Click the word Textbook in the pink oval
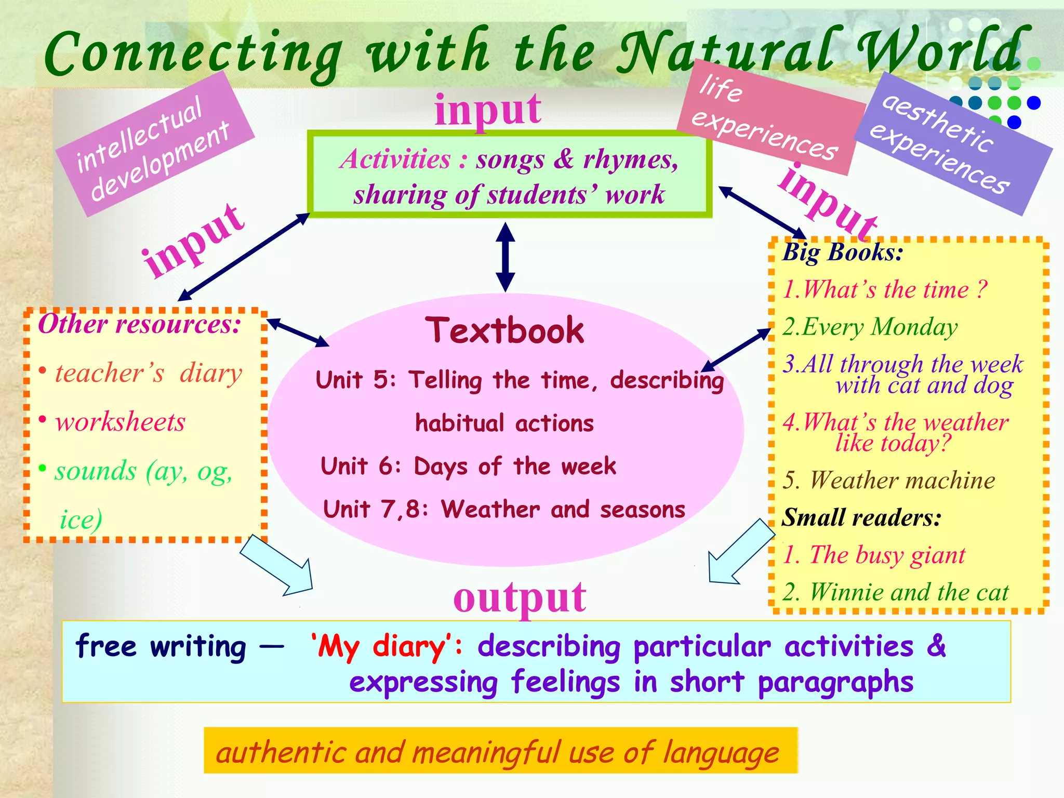504,330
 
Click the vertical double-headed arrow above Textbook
505,257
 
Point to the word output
520,597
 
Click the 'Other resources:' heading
139,325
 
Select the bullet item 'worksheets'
120,421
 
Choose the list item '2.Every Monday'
870,327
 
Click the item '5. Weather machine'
889,480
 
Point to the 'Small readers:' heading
861,517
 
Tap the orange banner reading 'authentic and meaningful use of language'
500,751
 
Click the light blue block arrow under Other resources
278,566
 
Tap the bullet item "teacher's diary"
149,373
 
